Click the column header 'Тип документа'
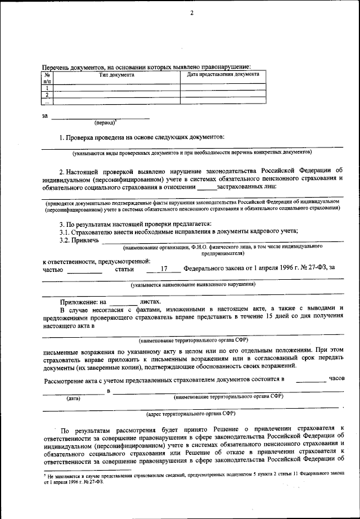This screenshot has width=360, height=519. (116, 74)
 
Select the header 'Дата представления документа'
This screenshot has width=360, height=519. (223, 74)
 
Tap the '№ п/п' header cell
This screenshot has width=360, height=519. (48, 78)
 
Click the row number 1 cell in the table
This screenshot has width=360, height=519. (48, 88)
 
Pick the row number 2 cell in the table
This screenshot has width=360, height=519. (48, 95)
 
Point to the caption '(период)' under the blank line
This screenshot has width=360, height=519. (105, 122)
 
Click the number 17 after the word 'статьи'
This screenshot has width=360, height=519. (164, 269)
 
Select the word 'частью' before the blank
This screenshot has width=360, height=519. (53, 269)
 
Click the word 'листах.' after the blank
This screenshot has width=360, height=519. (150, 302)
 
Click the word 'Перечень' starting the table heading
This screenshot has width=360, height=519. (57, 66)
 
